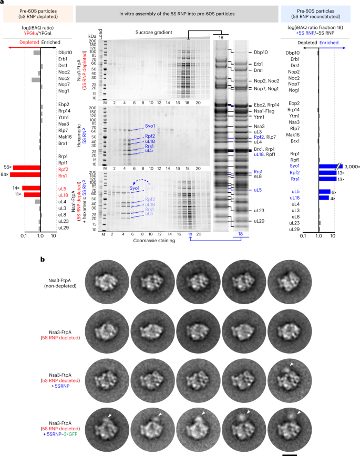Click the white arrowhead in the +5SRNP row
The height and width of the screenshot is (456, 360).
[292, 364]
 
